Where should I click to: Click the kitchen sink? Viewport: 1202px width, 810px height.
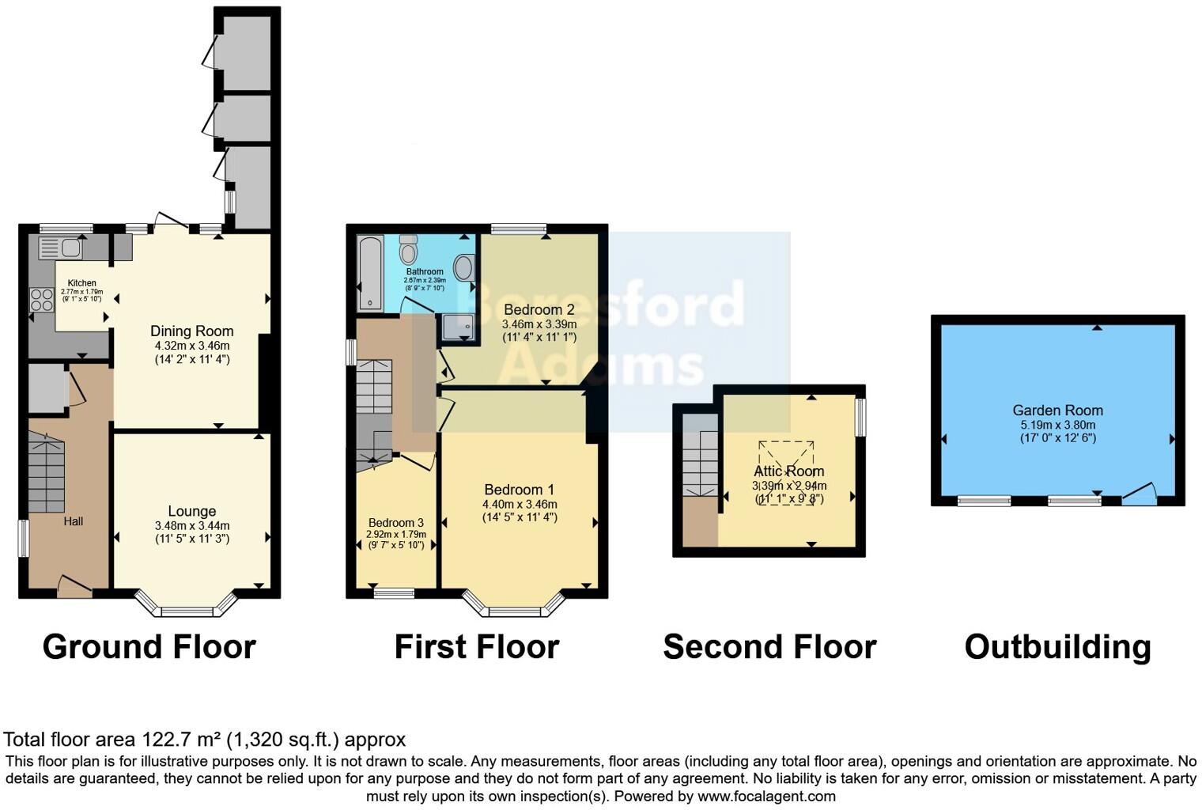[60, 248]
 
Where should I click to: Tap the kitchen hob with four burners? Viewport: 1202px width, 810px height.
[42, 300]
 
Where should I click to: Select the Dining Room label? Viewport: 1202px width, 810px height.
[192, 331]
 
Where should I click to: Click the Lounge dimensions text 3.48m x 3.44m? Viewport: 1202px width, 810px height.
[192, 525]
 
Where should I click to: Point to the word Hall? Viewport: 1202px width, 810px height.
[74, 521]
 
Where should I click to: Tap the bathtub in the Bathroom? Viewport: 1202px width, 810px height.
[369, 273]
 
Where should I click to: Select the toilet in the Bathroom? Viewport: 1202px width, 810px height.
[409, 249]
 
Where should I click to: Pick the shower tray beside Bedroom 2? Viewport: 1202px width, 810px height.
[458, 327]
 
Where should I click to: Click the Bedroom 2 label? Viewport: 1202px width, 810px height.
[539, 309]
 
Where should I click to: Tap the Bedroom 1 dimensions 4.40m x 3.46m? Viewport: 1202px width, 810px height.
[520, 504]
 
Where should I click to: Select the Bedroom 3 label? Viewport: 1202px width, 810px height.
[396, 523]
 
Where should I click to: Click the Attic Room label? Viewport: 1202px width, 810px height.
[788, 471]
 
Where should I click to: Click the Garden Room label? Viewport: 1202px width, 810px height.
[1057, 410]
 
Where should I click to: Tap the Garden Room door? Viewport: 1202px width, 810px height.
[1139, 495]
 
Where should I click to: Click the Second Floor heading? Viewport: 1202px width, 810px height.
[769, 647]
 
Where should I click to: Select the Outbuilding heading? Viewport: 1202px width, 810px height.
[1057, 647]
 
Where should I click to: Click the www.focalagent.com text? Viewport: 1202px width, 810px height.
[766, 797]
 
